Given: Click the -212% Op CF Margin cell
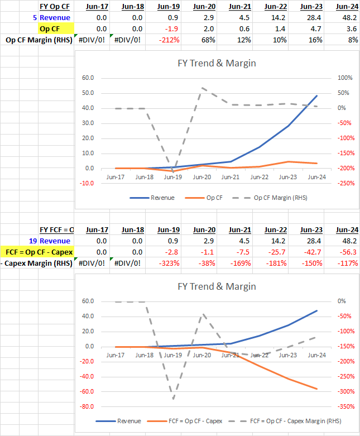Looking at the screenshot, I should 169,40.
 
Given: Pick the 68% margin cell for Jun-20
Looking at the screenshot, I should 205,40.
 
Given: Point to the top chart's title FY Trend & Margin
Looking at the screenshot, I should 213,63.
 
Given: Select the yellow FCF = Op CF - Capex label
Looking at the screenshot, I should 37,252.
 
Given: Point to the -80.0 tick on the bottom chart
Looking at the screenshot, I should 87,406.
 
